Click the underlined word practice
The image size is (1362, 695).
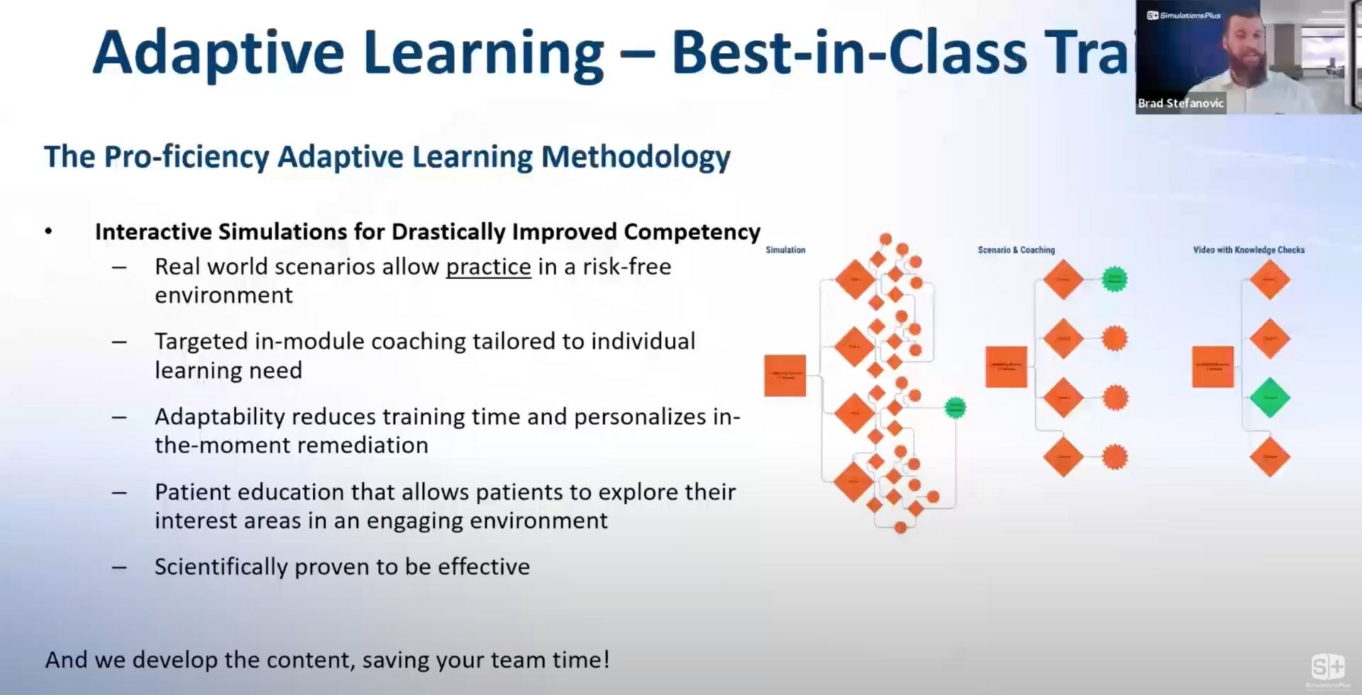488,267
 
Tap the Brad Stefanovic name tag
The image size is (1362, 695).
1180,103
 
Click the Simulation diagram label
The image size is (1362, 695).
785,250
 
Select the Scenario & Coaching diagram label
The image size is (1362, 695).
1016,250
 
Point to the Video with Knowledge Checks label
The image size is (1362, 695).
1248,250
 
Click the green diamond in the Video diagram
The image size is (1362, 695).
1269,398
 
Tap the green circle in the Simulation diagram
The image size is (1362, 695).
956,408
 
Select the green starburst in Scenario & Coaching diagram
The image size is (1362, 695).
1114,279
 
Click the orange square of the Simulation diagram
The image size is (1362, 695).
785,375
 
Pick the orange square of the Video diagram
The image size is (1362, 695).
1212,367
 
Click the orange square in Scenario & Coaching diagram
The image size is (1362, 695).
1006,367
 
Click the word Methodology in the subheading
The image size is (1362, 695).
636,157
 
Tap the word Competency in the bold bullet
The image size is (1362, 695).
692,232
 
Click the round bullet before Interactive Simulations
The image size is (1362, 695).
48,231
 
